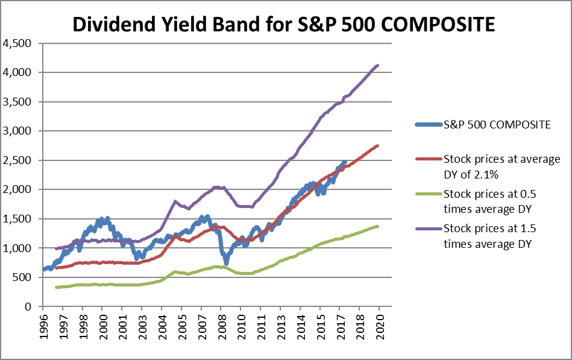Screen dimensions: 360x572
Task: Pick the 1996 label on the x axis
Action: pyautogui.click(x=43, y=326)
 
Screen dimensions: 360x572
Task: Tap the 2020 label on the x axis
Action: pyautogui.click(x=379, y=326)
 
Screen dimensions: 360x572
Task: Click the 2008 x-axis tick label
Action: pyautogui.click(x=221, y=326)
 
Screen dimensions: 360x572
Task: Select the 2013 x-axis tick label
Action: pyautogui.click(x=280, y=326)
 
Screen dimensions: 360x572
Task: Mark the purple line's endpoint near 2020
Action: pyautogui.click(x=378, y=65)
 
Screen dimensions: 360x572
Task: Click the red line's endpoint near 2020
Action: pyautogui.click(x=378, y=145)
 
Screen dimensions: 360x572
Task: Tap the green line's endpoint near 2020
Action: pyautogui.click(x=378, y=226)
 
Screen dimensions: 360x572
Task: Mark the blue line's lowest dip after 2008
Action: pyautogui.click(x=226, y=263)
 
